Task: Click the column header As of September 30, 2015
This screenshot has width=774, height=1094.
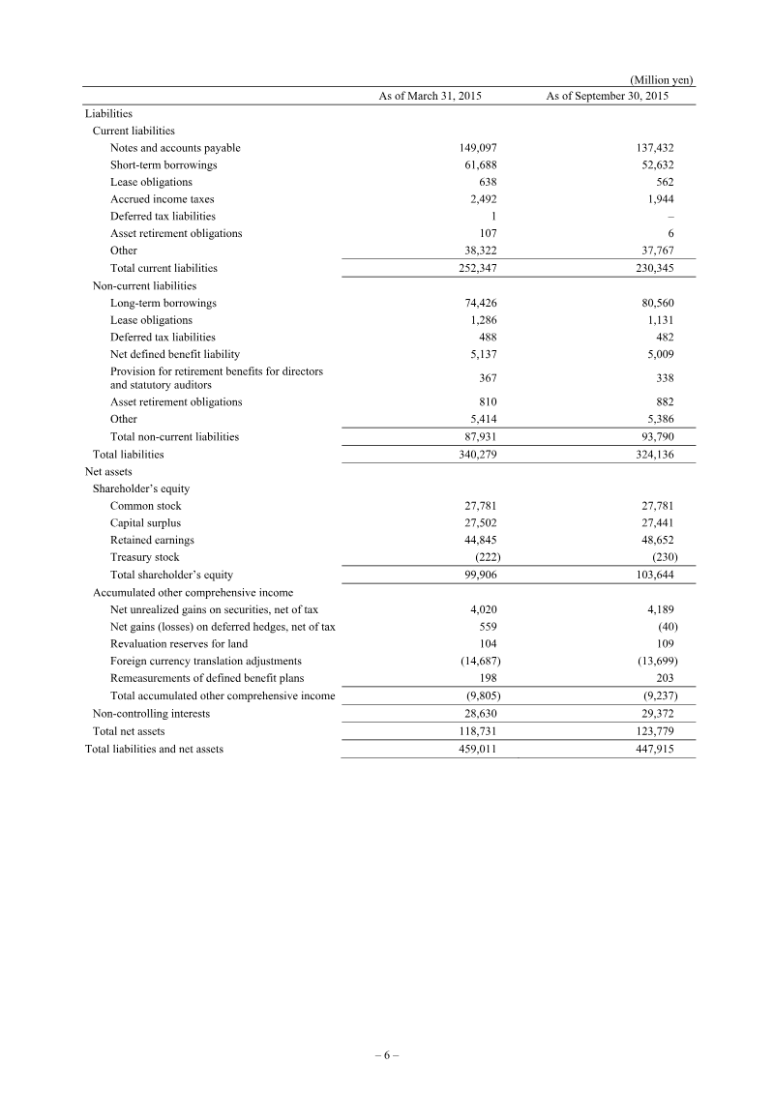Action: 607,97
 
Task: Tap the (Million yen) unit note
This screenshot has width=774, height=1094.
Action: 662,79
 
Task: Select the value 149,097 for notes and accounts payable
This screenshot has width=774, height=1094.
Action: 478,148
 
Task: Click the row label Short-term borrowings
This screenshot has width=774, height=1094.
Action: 164,165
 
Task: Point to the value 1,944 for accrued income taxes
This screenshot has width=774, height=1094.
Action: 657,199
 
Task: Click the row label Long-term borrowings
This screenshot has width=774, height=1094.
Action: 163,303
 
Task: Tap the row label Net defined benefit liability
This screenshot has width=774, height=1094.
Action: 175,355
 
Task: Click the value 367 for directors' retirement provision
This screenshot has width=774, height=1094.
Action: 488,378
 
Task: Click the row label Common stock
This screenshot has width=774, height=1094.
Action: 145,506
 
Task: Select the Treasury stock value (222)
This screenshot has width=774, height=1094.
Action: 483,557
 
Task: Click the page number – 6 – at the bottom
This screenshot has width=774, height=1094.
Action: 386,1055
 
